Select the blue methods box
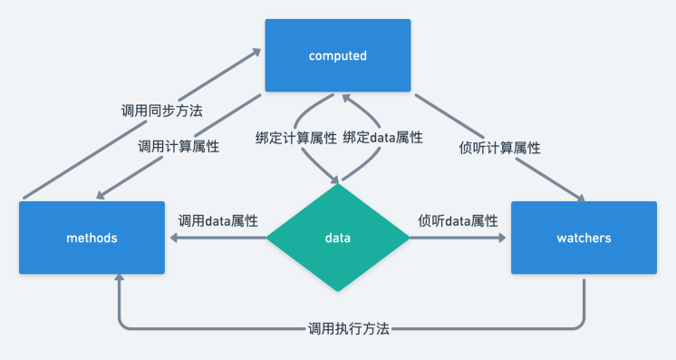(92, 238)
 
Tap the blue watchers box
(584, 238)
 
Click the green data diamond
(337, 238)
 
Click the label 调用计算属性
(179, 146)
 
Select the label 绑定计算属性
(295, 139)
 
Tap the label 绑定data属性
(382, 139)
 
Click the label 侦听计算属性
(500, 147)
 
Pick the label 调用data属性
(217, 220)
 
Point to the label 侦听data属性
(458, 220)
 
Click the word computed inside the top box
(337, 56)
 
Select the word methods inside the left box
(92, 238)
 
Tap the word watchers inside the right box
(584, 238)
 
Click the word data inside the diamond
(337, 238)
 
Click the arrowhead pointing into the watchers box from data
(503, 238)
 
